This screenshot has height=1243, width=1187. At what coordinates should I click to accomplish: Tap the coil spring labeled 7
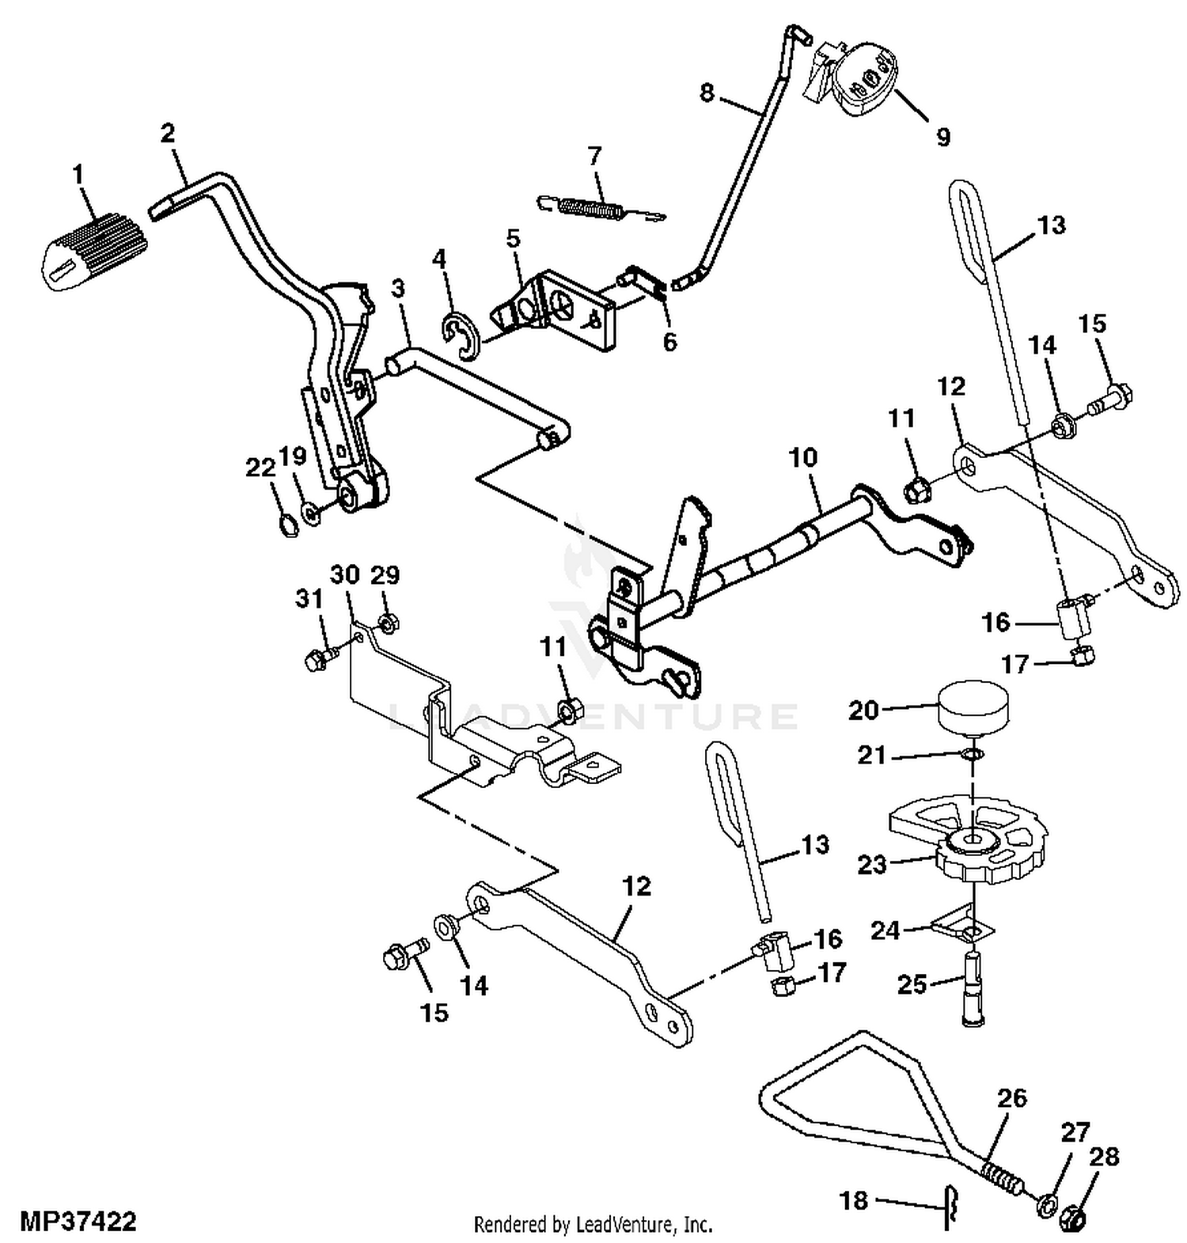(601, 207)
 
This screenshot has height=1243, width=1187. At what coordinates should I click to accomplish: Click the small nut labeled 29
(388, 623)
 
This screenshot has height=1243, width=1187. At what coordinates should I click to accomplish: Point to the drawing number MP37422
(78, 1222)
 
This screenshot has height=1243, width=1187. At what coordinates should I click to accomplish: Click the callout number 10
(803, 457)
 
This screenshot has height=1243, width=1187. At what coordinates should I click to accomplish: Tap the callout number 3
(397, 288)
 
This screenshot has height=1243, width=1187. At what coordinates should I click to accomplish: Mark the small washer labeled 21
(973, 754)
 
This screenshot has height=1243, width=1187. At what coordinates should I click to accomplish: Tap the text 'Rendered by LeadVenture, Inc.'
(593, 1225)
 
